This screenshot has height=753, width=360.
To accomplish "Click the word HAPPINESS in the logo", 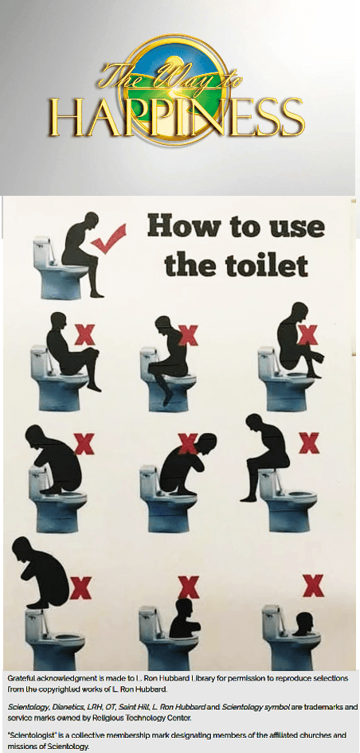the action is click(x=177, y=118).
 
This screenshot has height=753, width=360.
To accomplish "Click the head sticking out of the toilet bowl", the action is click(x=303, y=623).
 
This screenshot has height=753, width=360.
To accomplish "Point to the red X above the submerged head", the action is click(x=313, y=585).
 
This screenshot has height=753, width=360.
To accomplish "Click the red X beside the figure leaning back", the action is click(x=84, y=335).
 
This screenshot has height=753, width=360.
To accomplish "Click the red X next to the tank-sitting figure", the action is click(x=309, y=443).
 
